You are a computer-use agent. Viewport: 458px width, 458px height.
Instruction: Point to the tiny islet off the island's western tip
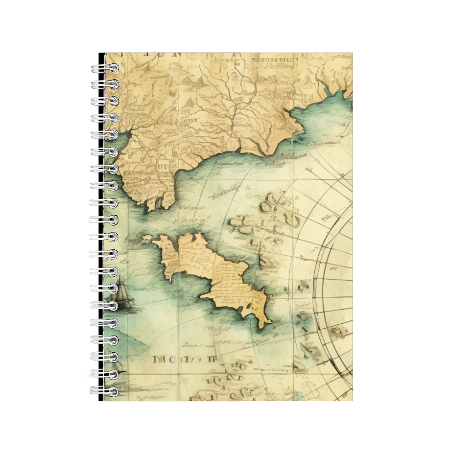click(147, 240)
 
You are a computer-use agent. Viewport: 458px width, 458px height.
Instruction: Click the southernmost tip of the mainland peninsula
click(150, 210)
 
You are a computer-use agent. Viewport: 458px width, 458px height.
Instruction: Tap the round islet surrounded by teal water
click(304, 284)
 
